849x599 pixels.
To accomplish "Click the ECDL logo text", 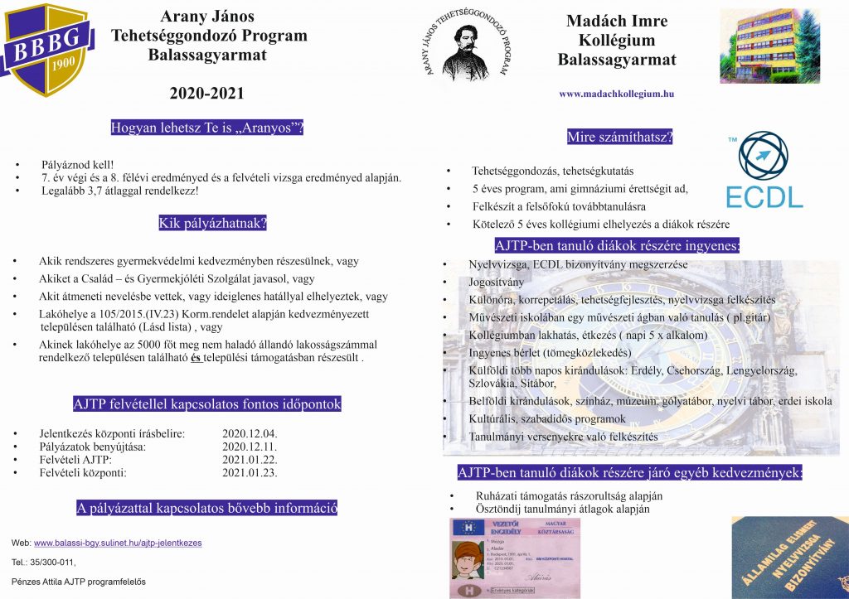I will click(x=764, y=196).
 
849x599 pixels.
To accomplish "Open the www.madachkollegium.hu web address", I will click(x=616, y=94).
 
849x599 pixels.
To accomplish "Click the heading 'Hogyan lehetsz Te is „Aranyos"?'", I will click(x=206, y=128).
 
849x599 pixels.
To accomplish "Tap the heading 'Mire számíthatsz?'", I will click(x=619, y=138).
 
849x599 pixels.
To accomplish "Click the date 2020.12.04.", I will click(x=250, y=433).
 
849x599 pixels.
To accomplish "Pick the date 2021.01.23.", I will click(x=250, y=473).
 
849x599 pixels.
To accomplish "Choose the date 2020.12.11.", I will click(x=250, y=447).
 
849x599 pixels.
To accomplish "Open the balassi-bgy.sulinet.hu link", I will click(x=117, y=543).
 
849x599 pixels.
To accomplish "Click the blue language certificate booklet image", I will click(x=788, y=557).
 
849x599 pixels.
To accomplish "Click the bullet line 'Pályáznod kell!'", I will click(x=78, y=165).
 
